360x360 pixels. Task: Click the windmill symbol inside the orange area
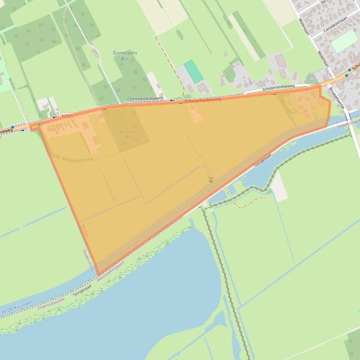(x=211, y=179)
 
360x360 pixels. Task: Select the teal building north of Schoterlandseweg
(x=194, y=71)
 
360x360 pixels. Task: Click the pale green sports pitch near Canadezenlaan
(x=344, y=41)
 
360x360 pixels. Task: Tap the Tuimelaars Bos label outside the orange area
(x=125, y=56)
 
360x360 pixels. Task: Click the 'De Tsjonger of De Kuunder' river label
(x=204, y=195)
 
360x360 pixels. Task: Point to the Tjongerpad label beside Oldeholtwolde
(x=82, y=291)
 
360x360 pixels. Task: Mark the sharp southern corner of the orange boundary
(x=97, y=274)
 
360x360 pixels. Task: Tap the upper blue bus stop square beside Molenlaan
(x=349, y=70)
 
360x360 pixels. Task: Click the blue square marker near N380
(x=12, y=127)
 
